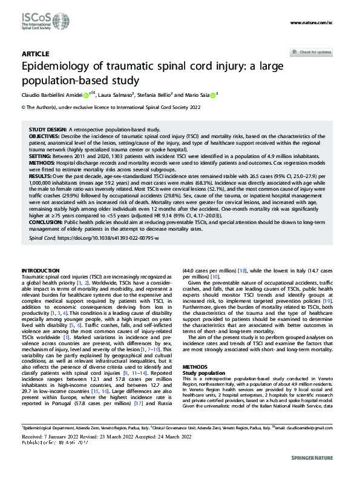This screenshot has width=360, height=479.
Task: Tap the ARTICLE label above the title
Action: point(34,54)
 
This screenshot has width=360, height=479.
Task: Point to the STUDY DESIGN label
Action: point(47,130)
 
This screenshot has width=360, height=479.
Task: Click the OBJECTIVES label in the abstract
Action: point(45,137)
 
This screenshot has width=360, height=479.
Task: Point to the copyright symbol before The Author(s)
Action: point(24,107)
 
